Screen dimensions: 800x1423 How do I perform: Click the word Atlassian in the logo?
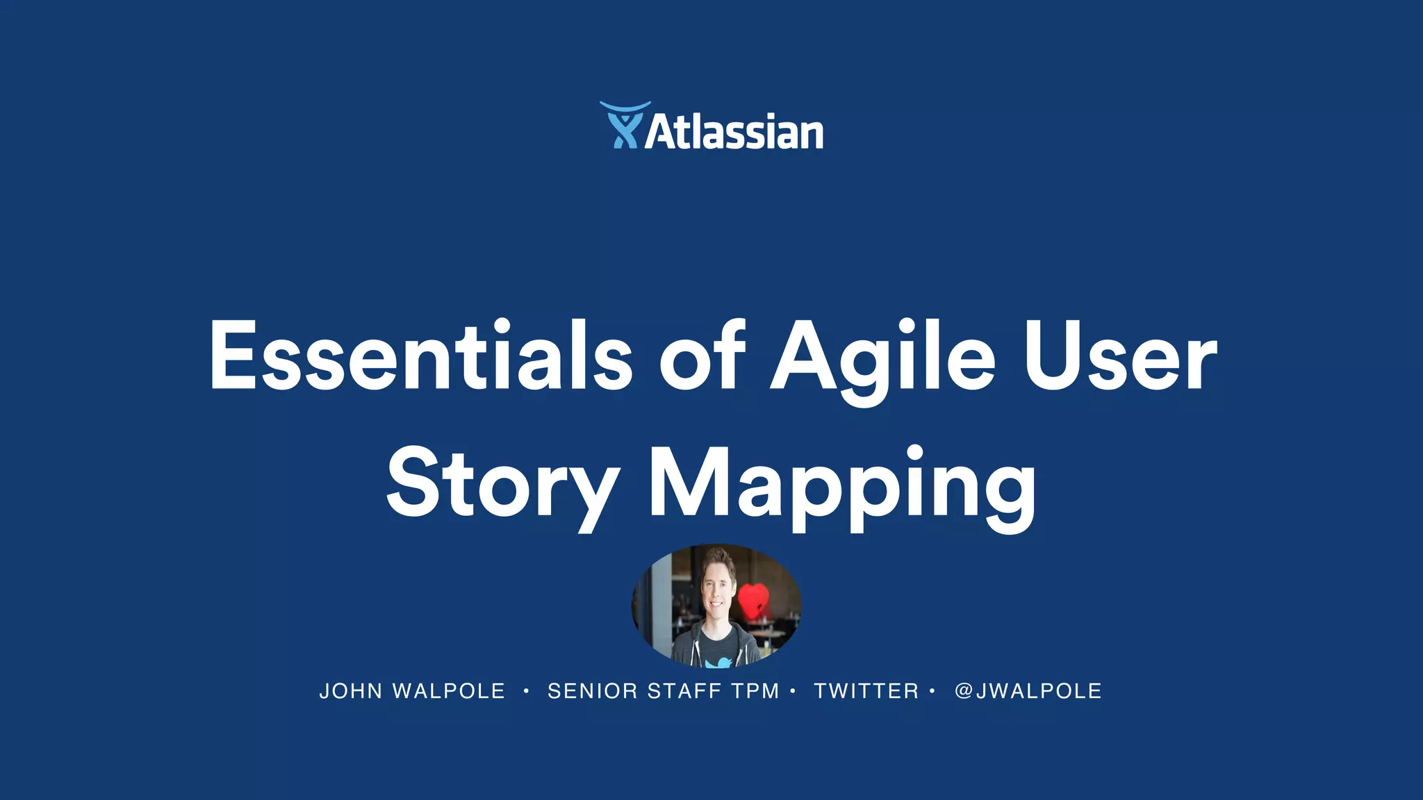coord(734,132)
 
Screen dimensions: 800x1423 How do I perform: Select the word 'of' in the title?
coord(702,356)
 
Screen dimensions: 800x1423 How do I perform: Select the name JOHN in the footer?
coord(351,692)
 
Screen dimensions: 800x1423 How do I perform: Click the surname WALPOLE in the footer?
coord(449,692)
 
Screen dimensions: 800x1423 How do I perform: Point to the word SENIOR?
coord(593,692)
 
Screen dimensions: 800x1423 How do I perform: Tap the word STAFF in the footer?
coord(684,692)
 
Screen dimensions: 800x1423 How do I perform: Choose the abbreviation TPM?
coord(755,692)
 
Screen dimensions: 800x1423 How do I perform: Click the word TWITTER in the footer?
coord(866,692)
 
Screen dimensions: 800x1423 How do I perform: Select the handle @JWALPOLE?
coord(1028,692)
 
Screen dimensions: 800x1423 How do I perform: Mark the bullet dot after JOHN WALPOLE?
coord(527,691)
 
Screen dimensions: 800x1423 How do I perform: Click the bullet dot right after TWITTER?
coord(932,691)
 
